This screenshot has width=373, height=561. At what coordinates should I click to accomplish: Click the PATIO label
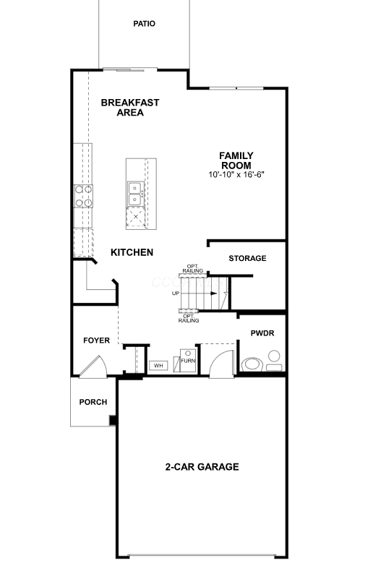coord(144,24)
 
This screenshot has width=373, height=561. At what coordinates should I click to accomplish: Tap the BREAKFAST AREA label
coord(130,107)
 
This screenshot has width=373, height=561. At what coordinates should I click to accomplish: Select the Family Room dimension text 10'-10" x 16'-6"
coord(236,175)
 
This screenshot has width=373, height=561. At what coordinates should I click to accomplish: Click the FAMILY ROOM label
coord(236,160)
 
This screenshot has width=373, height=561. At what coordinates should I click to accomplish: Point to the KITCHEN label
coord(132,252)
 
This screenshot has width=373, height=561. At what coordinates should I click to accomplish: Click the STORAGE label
coord(247,258)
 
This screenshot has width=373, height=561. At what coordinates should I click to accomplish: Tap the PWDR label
coord(262,333)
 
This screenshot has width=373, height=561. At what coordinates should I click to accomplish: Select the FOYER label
coord(97,341)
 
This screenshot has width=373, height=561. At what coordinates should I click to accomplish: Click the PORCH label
coord(93,402)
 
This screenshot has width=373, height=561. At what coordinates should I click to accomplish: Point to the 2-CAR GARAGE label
coord(202,466)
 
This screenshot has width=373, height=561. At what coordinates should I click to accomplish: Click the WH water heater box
coord(158,365)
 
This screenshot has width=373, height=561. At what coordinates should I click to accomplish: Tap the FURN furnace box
coord(188,360)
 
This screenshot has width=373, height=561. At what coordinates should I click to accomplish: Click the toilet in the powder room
coord(252,364)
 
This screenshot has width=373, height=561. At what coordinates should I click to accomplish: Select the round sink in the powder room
coord(274,356)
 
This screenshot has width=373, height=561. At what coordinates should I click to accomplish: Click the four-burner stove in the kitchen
coord(83,196)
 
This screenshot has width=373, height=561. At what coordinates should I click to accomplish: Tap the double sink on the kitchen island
coord(136,194)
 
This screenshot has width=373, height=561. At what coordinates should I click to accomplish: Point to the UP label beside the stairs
coord(176,294)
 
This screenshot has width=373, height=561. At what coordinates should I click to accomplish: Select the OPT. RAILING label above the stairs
coord(193,268)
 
